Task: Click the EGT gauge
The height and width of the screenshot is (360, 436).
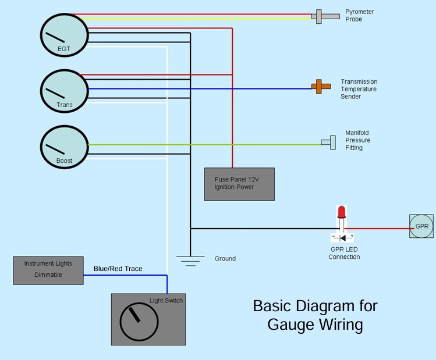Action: tap(65, 35)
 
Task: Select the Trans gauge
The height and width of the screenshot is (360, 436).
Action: tap(65, 91)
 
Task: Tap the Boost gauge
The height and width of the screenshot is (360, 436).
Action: tap(65, 147)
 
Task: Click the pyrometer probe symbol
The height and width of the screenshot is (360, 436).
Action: tap(325, 17)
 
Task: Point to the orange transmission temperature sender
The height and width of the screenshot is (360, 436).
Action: tap(321, 87)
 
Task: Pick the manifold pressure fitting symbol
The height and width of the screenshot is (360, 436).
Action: tap(329, 142)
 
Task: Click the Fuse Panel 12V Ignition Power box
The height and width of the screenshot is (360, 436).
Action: tap(239, 184)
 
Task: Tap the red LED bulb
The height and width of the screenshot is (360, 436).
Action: tap(342, 212)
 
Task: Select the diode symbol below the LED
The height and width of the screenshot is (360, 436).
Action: tap(342, 238)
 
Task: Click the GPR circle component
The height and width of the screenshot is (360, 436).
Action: tap(421, 226)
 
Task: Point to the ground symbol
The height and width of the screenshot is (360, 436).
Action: tap(190, 261)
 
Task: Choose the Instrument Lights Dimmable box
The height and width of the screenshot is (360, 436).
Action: tap(48, 270)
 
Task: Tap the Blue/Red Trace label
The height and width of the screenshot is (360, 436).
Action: tap(118, 269)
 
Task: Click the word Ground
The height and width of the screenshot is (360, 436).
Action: tap(225, 259)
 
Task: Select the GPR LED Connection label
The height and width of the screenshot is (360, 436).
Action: tap(344, 253)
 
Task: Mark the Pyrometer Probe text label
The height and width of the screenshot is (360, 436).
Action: tap(360, 16)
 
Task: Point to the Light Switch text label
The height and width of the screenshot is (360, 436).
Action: tap(166, 301)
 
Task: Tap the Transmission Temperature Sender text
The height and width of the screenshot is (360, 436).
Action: tap(359, 89)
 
